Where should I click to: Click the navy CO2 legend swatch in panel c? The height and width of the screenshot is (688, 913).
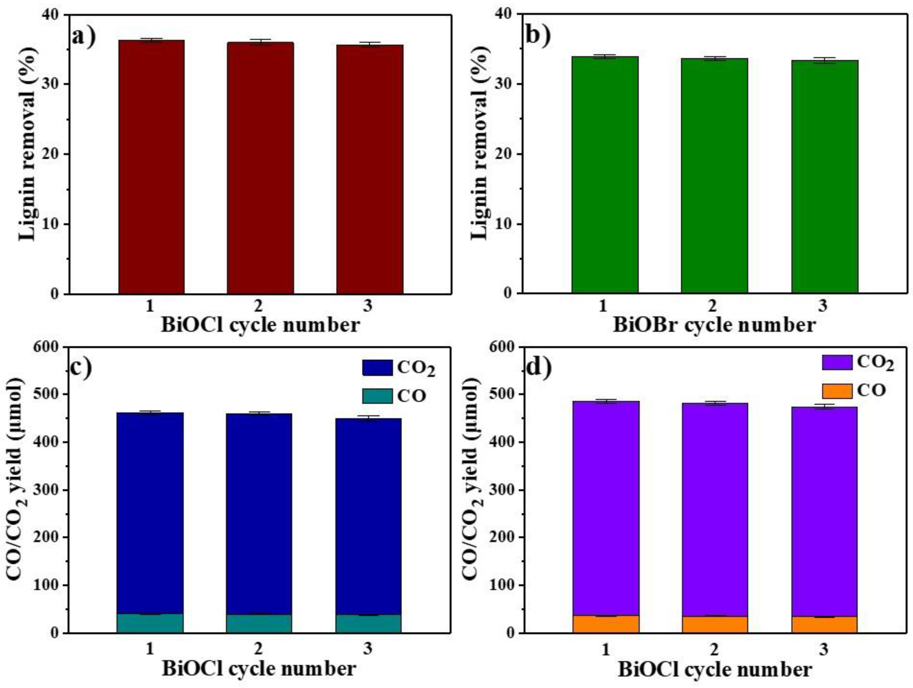coord(377,367)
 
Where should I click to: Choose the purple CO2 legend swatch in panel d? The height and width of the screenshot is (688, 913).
coord(837,362)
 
